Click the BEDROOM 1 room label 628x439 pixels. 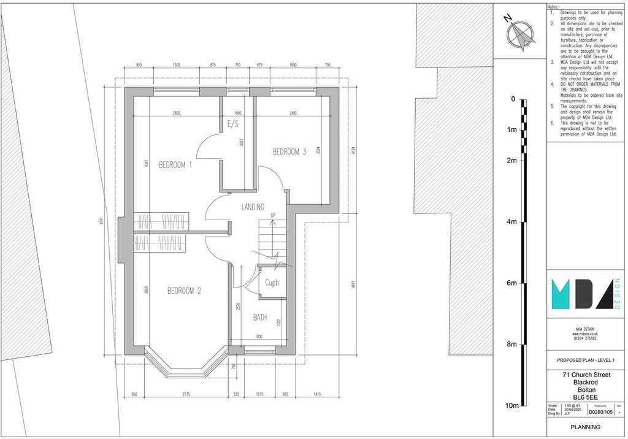tap(175, 165)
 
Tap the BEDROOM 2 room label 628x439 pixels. tap(184, 291)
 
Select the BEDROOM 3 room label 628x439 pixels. tap(289, 152)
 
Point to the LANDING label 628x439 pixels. tap(252, 207)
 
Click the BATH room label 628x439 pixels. tap(260, 318)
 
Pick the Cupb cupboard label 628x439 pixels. tap(272, 283)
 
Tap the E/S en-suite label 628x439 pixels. tap(233, 124)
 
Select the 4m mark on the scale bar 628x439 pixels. tap(511, 222)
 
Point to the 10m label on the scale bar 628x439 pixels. tap(511, 406)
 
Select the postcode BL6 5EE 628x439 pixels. tap(584, 397)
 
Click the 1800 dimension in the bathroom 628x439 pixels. tap(259, 337)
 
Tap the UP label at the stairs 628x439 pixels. tap(273, 215)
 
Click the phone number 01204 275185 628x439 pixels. tap(584, 338)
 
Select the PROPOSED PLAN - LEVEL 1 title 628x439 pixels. tap(584, 360)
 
